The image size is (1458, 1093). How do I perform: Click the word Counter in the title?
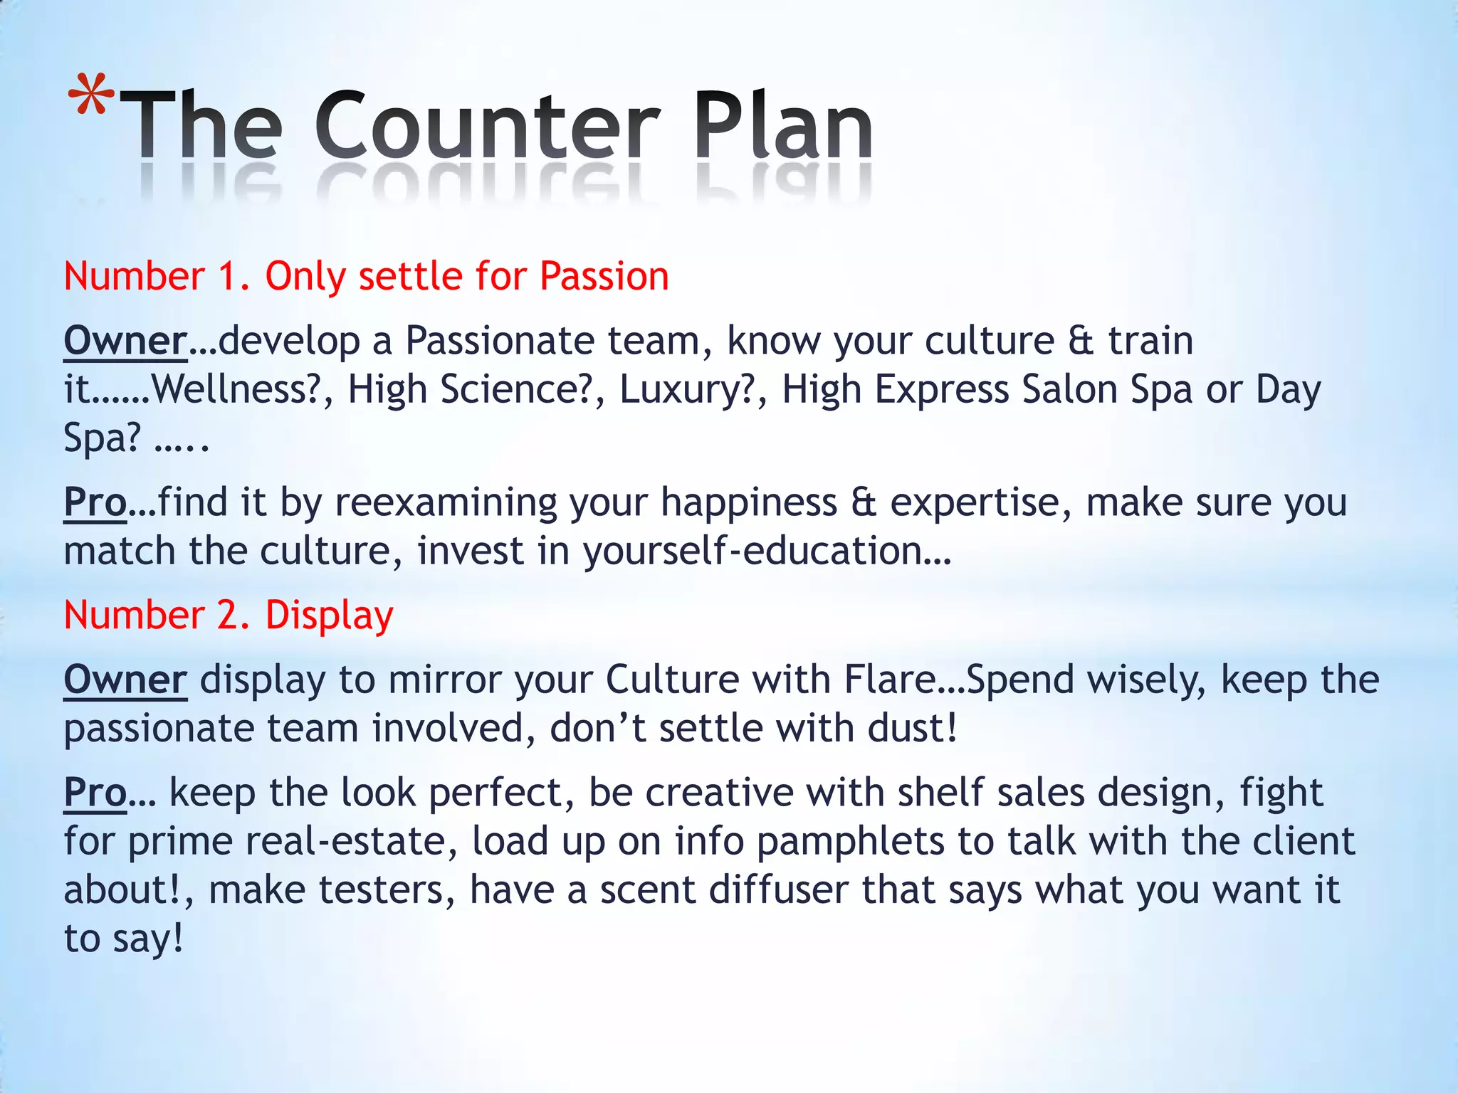tap(488, 127)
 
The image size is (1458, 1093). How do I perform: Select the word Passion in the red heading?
tap(604, 276)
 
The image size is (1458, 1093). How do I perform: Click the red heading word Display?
tap(329, 616)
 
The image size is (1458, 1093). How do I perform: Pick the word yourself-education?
tap(766, 551)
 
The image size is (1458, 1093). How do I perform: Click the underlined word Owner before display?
tap(125, 680)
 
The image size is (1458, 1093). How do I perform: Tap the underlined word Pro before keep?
tap(95, 793)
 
